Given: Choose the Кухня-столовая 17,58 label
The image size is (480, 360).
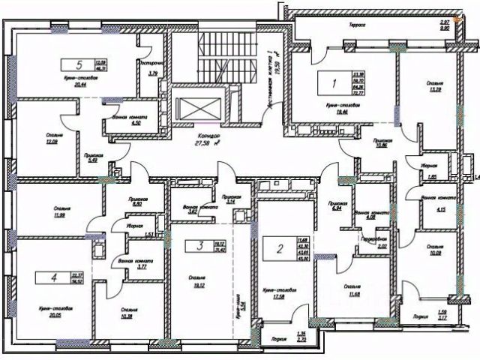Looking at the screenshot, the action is click(278, 292).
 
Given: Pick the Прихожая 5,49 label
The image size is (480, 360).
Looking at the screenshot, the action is click(93, 157).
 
